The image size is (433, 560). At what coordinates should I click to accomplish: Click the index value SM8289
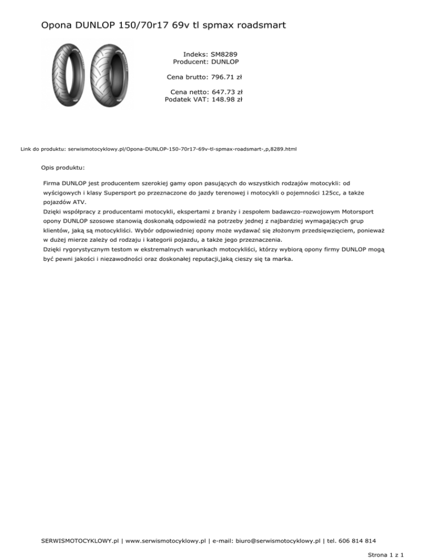click(x=224, y=54)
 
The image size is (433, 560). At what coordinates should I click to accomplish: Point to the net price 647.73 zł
click(x=227, y=91)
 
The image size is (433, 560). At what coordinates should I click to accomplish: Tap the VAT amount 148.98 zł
click(x=227, y=99)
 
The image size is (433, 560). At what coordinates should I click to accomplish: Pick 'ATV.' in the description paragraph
click(x=80, y=201)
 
